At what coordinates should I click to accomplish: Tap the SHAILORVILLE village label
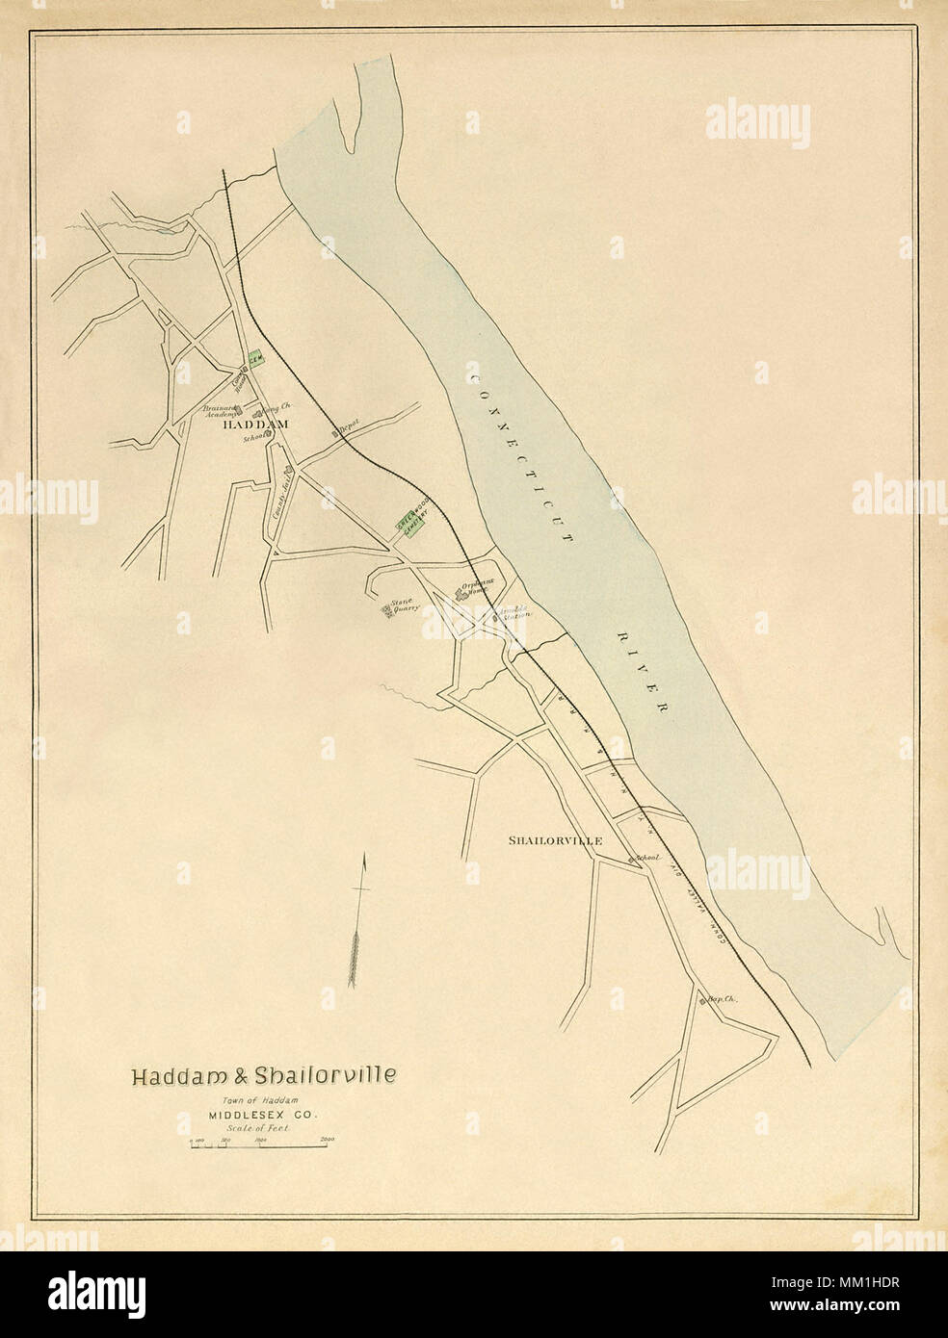tap(556, 840)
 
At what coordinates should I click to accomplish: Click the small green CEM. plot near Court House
tap(256, 358)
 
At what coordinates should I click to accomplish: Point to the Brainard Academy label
tap(220, 411)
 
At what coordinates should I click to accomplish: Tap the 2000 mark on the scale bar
tap(326, 1139)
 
